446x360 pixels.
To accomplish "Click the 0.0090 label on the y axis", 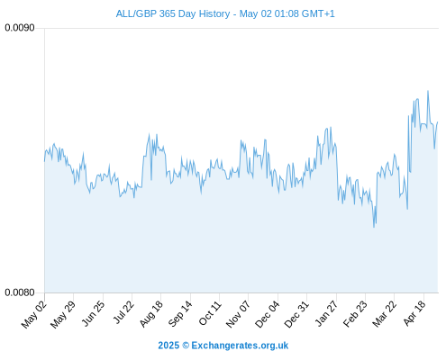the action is pyautogui.click(x=20, y=28).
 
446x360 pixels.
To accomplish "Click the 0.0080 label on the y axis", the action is pyautogui.click(x=20, y=292).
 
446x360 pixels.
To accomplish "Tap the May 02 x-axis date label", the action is pyautogui.click(x=34, y=314).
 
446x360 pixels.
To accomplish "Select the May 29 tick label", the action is pyautogui.click(x=63, y=314).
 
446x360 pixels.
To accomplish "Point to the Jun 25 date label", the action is pyautogui.click(x=94, y=313).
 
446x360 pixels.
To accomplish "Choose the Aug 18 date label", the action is pyautogui.click(x=151, y=314).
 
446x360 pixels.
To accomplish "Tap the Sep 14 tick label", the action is pyautogui.click(x=179, y=314).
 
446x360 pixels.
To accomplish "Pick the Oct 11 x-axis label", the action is pyautogui.click(x=210, y=313).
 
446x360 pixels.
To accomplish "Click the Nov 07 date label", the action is pyautogui.click(x=238, y=314).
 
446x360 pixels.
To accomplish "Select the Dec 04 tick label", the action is pyautogui.click(x=267, y=314).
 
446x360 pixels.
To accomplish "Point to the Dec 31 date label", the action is pyautogui.click(x=296, y=314).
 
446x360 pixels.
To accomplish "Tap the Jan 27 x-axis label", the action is pyautogui.click(x=326, y=313).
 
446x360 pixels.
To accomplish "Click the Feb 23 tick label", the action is pyautogui.click(x=355, y=314).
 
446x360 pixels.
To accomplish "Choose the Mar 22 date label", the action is pyautogui.click(x=384, y=314).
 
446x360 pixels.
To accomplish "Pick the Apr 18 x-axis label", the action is pyautogui.click(x=414, y=313).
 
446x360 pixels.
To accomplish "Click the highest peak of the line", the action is pyautogui.click(x=428, y=91).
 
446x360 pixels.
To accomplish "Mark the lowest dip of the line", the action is pyautogui.click(x=374, y=227).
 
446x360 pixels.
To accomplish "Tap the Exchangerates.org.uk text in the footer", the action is pyautogui.click(x=240, y=346).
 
